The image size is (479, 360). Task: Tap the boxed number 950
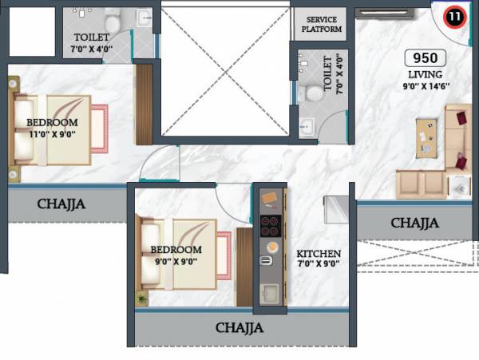[424, 58]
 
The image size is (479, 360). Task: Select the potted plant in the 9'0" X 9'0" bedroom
[142, 299]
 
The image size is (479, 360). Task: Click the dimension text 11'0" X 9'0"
[52, 135]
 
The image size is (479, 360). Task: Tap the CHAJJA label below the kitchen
[239, 327]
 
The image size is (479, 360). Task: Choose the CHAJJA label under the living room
[414, 223]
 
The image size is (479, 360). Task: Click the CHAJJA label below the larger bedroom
[61, 204]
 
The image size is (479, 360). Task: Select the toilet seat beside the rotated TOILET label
[315, 93]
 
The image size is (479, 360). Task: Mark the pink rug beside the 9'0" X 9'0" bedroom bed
[224, 254]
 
